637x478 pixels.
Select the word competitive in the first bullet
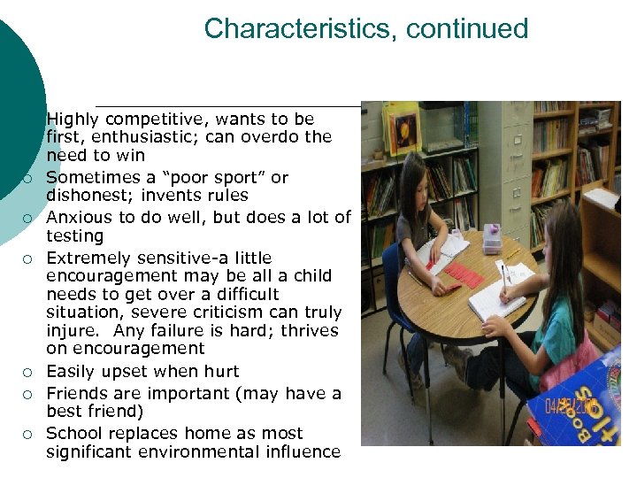tap(160, 119)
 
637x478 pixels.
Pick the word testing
tap(75, 236)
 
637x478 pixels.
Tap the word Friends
tap(78, 393)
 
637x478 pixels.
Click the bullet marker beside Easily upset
tap(28, 373)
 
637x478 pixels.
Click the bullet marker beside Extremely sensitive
tap(28, 259)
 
